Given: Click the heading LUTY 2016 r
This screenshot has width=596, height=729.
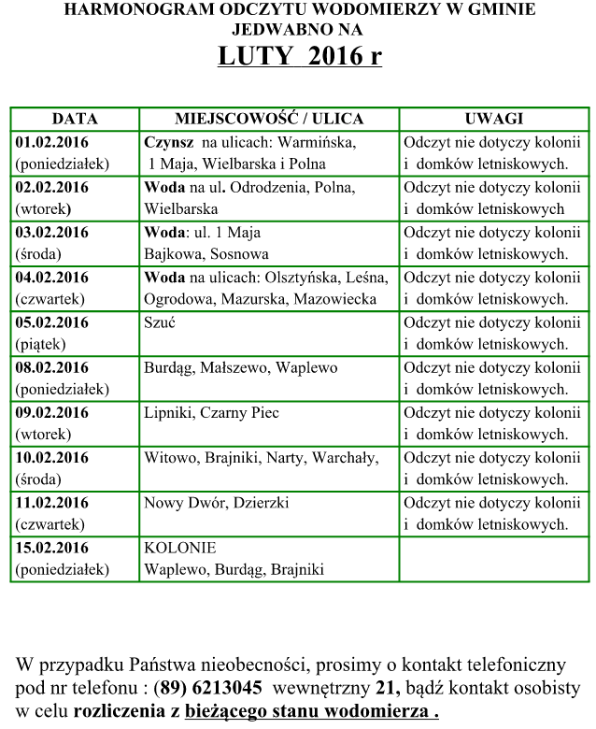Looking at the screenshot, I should [x=299, y=56].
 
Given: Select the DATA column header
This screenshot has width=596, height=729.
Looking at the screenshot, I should [x=75, y=120].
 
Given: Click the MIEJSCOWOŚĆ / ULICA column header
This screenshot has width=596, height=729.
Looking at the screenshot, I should [x=269, y=120].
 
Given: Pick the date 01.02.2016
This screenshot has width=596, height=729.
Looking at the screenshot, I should [x=52, y=143].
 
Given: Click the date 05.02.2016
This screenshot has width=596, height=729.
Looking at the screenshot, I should [x=52, y=322].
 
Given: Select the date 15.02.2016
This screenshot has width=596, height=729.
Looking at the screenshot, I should [x=52, y=548].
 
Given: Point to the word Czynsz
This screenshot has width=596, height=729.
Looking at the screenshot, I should [x=169, y=143].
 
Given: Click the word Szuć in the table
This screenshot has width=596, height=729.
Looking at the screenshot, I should [x=160, y=322].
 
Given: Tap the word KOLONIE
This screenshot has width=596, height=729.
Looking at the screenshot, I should [x=180, y=548].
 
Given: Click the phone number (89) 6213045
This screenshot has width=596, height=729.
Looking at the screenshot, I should [x=210, y=689].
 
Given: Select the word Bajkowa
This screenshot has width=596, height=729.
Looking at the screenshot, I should [x=171, y=254].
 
